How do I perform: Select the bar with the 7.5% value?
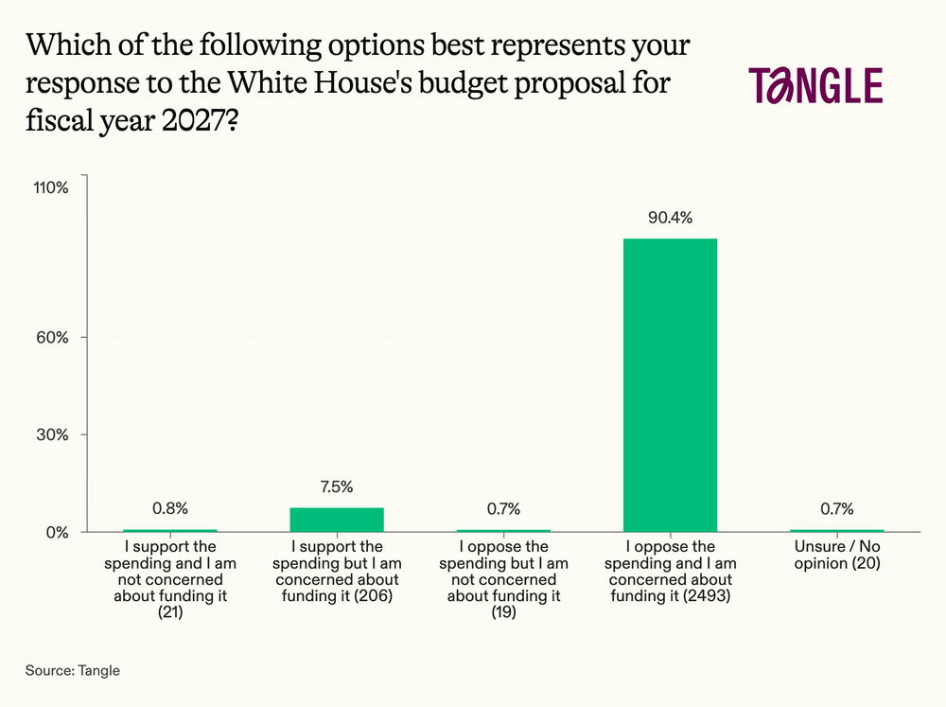[x=337, y=520]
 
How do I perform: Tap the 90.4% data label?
[x=670, y=218]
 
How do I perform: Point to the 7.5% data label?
[x=337, y=487]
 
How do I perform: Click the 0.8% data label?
[x=170, y=509]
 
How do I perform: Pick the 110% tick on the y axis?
[x=52, y=187]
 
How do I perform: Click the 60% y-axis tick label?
[x=56, y=338]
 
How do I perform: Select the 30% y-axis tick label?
[x=56, y=435]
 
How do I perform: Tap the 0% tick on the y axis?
[x=59, y=532]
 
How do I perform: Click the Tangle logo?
[x=815, y=85]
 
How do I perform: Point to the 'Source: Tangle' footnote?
[x=73, y=670]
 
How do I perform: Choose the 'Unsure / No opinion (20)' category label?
[x=836, y=555]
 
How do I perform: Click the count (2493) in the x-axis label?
[x=709, y=596]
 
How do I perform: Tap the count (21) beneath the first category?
[x=170, y=613]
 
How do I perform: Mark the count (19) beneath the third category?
[x=503, y=613]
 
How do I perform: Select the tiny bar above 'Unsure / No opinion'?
[x=836, y=530]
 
